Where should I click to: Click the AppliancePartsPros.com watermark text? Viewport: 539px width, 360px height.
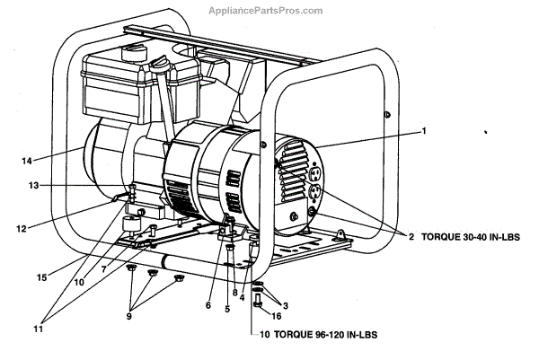[x=269, y=11]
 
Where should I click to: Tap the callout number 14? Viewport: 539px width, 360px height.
[x=27, y=161]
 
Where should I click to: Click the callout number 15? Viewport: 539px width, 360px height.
[x=41, y=277]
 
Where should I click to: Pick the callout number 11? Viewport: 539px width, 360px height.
[x=38, y=329]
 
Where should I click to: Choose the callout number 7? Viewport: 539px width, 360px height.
[x=104, y=268]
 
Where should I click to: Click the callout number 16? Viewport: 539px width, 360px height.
[x=277, y=317]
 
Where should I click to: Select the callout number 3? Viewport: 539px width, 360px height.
[x=287, y=305]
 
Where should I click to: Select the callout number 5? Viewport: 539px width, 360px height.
[x=227, y=309]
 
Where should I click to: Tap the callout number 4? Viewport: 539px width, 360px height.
[x=243, y=298]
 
